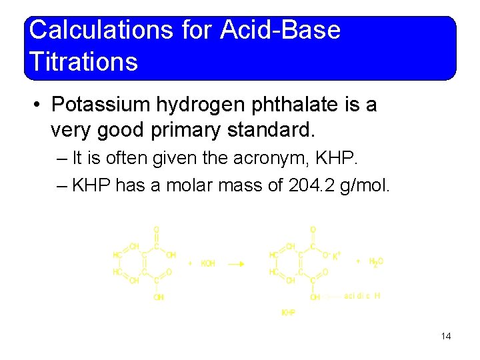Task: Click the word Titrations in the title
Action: pyautogui.click(x=83, y=63)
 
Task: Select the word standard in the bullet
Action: pyautogui.click(x=269, y=129)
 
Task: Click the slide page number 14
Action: pyautogui.click(x=446, y=336)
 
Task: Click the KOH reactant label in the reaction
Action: pyautogui.click(x=207, y=263)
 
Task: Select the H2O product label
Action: pyautogui.click(x=376, y=262)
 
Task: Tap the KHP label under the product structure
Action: pyautogui.click(x=289, y=312)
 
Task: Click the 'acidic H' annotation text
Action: pyautogui.click(x=362, y=296)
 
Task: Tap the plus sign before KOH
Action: pyautogui.click(x=190, y=263)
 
